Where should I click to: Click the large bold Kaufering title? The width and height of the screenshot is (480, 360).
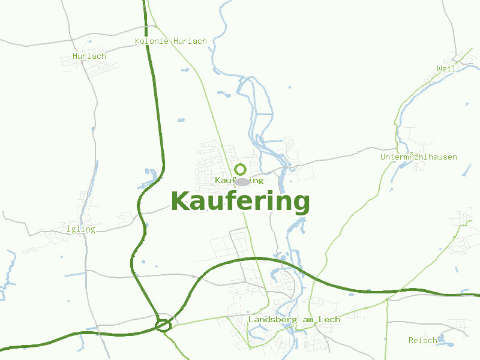(x=240, y=202)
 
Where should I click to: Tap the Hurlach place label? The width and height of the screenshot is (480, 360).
(x=89, y=56)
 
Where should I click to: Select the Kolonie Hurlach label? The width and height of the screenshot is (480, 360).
(x=171, y=41)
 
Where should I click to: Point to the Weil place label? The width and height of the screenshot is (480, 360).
(x=446, y=69)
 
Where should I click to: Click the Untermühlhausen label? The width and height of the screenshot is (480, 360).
(x=418, y=157)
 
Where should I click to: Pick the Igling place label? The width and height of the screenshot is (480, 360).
(x=81, y=229)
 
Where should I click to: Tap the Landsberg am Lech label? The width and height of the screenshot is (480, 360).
(x=294, y=320)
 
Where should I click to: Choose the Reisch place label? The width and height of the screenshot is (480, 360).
(x=423, y=340)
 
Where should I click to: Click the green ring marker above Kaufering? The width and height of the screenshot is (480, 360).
(x=241, y=169)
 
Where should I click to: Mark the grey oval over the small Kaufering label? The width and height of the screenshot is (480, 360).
(x=241, y=181)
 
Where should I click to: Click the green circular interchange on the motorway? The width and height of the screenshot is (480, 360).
(x=163, y=326)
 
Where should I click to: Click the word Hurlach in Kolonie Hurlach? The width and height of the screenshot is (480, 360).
(x=190, y=41)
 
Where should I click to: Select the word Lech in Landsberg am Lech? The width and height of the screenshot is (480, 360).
(x=330, y=320)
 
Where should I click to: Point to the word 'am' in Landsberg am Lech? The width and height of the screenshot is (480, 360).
(x=308, y=320)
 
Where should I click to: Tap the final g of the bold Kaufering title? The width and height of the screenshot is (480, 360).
(x=301, y=204)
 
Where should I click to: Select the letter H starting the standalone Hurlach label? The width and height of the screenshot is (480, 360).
(x=75, y=56)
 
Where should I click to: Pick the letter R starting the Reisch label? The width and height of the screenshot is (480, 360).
(x=411, y=340)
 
